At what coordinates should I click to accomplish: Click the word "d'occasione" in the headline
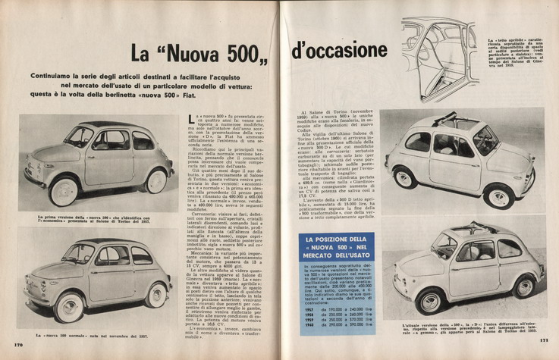[x=338, y=51]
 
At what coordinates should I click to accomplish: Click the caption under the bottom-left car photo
[x=91, y=335]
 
